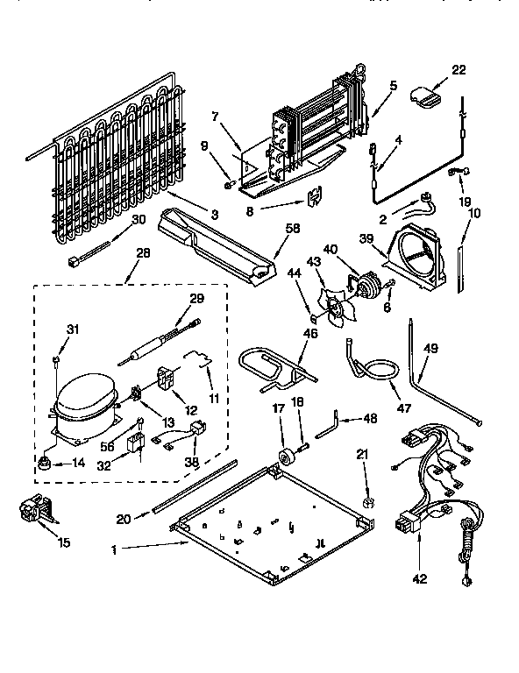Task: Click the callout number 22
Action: point(459,71)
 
